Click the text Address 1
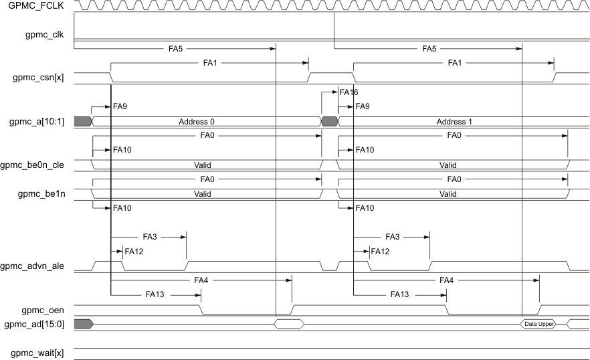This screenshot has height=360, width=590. (450, 122)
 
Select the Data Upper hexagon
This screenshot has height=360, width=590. (539, 324)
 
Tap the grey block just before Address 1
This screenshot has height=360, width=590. (330, 121)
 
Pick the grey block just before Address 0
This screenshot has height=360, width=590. (82, 121)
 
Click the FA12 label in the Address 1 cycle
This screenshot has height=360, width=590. (380, 252)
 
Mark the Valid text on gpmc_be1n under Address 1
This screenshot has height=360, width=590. (448, 194)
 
